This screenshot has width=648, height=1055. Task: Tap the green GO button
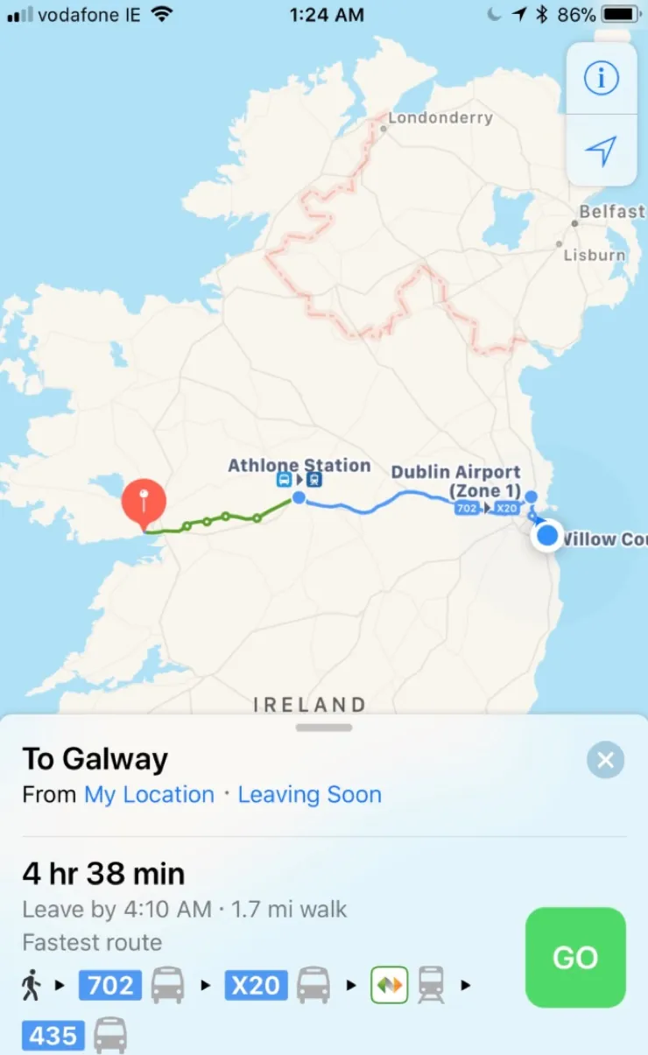(575, 957)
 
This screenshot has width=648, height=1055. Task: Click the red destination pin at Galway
(144, 502)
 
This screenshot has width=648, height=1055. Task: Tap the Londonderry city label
(440, 118)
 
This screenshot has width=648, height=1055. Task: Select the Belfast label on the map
(611, 212)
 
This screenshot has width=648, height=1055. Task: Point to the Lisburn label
(595, 256)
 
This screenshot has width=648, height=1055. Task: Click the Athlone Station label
(299, 466)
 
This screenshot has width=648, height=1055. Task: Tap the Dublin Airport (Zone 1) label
(456, 481)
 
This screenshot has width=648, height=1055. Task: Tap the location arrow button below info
(601, 151)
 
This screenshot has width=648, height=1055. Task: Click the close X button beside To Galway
(605, 760)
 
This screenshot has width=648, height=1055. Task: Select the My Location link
(149, 795)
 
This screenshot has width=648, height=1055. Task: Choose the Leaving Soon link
(310, 795)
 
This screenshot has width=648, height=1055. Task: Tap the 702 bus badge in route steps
(110, 986)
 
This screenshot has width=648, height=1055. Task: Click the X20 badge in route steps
(256, 986)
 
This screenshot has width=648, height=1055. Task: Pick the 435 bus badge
(53, 1037)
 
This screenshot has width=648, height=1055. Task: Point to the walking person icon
(31, 986)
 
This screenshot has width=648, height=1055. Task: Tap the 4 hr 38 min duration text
(103, 874)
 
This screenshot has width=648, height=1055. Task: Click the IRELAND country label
(310, 705)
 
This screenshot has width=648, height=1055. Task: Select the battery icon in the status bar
(621, 15)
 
